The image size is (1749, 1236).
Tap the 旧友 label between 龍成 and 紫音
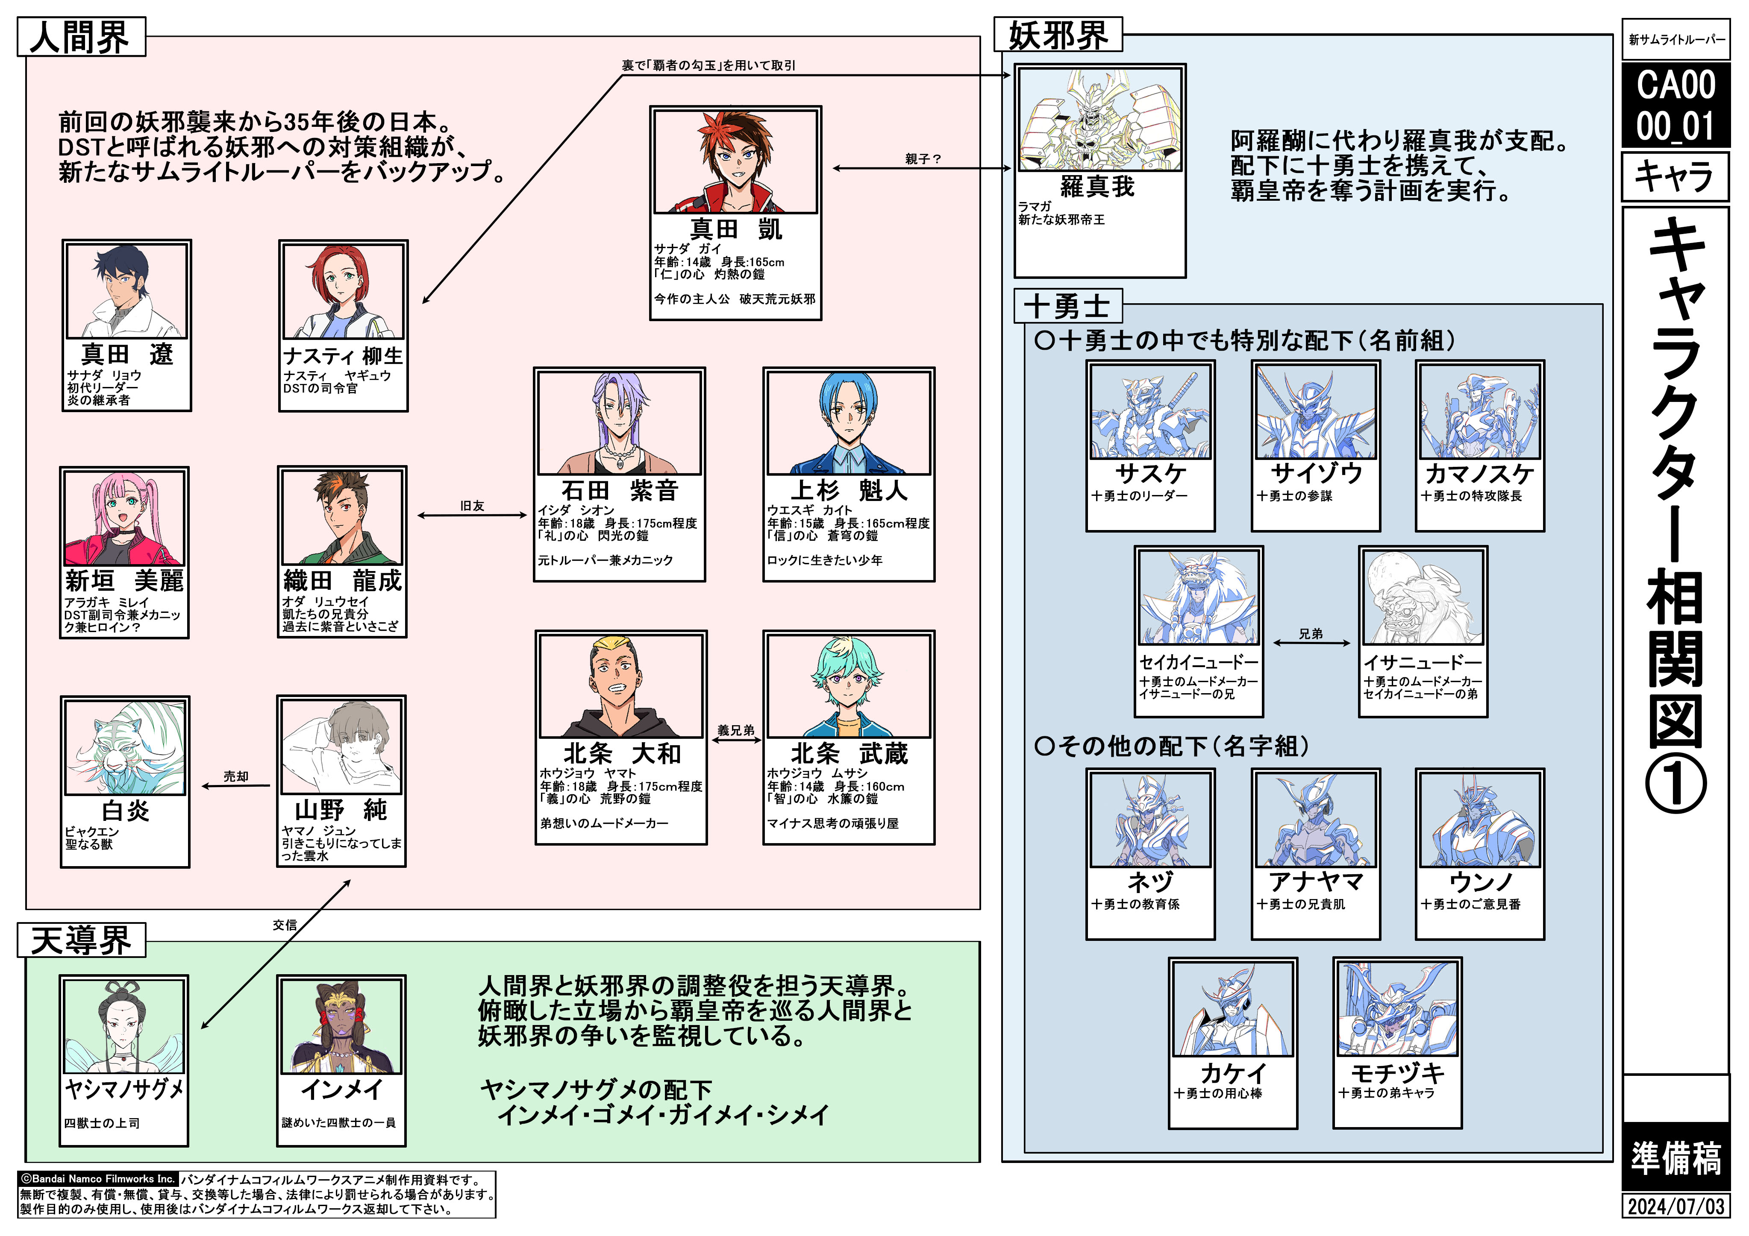[472, 506]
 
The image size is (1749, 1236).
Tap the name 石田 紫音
[619, 490]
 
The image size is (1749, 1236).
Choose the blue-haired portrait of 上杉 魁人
[849, 423]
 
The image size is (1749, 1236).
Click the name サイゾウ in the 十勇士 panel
[1316, 474]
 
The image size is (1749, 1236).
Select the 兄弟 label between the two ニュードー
[1310, 634]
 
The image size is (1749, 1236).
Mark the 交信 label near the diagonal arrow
[285, 925]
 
